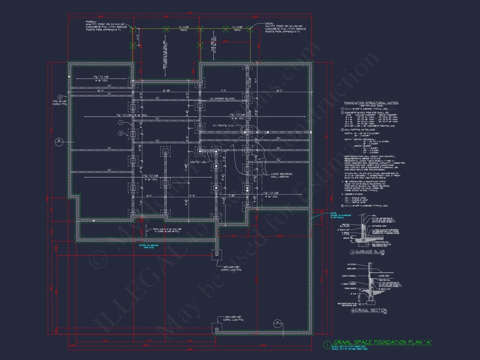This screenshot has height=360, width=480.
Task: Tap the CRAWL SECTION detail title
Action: pos(371,311)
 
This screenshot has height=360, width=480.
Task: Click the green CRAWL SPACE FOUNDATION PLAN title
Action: pos(382,343)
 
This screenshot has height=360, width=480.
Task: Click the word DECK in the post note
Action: pos(269,24)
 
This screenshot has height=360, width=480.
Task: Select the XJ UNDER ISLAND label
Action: pos(223,98)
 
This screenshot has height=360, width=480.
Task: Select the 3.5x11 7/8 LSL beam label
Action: pos(197,162)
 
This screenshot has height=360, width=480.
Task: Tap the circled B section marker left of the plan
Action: pos(58,141)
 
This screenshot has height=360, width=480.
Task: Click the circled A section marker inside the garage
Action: pos(276,323)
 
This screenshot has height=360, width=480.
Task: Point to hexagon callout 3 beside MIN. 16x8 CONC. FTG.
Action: pos(60,97)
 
